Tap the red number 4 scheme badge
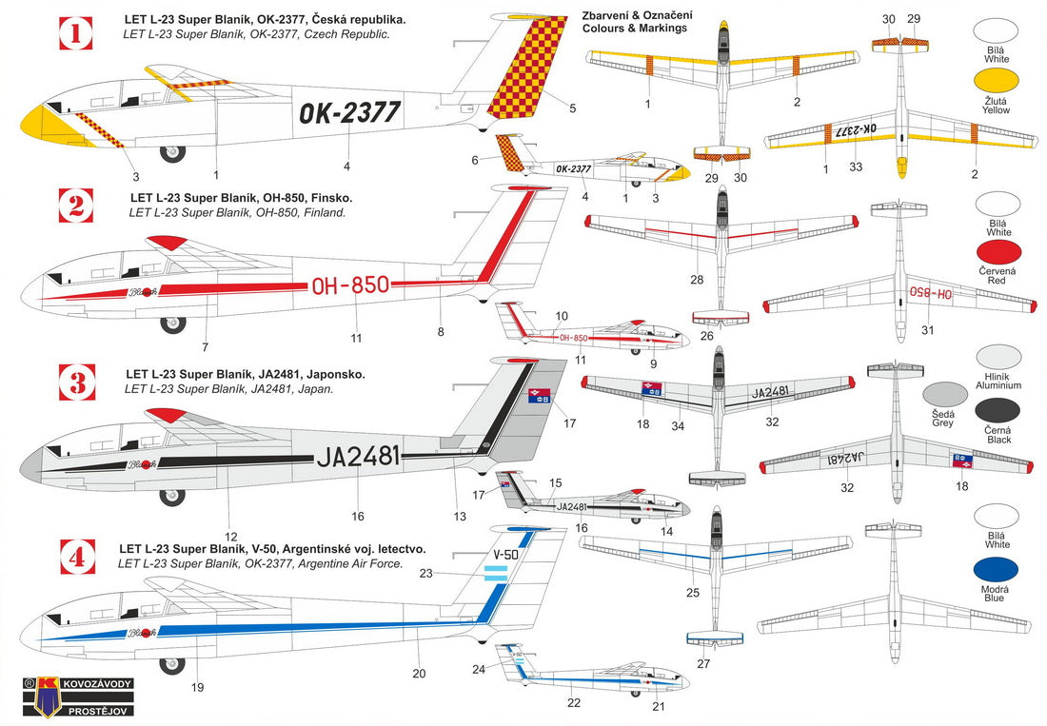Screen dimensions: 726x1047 point(76,558)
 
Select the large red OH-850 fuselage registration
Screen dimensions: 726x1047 point(350,285)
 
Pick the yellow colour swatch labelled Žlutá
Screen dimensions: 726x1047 point(998,83)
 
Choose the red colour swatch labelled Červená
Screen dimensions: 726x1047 point(998,254)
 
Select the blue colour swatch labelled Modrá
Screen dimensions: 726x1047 point(998,573)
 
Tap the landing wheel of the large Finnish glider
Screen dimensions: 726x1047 point(172,325)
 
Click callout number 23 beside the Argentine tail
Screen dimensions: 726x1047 point(425,573)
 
